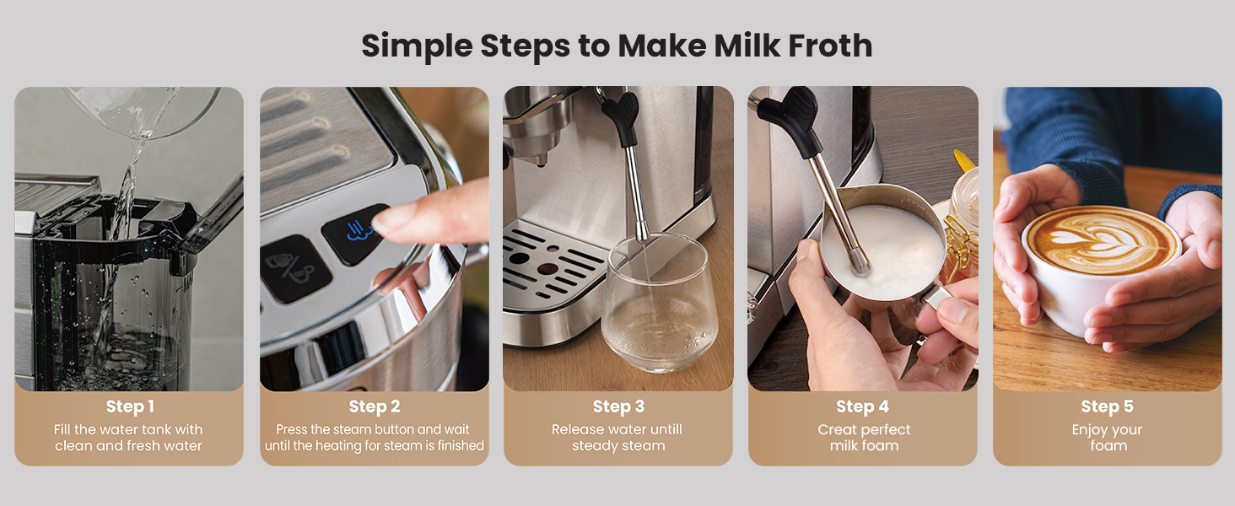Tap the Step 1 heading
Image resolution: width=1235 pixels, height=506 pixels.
point(130,406)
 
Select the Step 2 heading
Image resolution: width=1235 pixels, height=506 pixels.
point(375,406)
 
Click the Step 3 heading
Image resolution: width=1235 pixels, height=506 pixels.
point(618,406)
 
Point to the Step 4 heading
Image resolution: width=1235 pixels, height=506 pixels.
point(862,406)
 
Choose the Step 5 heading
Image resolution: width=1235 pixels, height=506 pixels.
point(1107,406)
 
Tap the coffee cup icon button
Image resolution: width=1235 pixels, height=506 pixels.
point(295,268)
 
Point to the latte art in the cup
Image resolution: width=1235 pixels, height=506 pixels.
point(1102,240)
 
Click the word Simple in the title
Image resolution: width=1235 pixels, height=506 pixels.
point(417,46)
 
